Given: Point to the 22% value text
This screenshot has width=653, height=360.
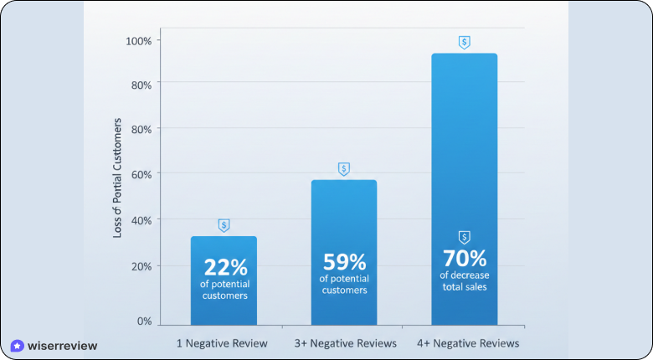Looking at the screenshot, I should tap(225, 268).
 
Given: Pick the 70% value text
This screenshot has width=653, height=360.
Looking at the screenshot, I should tap(465, 257).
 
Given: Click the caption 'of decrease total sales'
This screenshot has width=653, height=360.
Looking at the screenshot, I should tap(465, 280).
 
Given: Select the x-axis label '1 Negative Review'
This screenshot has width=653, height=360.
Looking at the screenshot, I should tap(222, 343).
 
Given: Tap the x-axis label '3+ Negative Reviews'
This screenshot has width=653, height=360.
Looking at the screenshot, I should tap(344, 343).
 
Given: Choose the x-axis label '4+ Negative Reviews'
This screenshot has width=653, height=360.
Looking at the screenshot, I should tap(467, 343).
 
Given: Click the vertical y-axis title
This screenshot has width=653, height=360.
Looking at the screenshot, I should tap(118, 177).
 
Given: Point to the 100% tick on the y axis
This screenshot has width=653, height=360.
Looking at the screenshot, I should tap(138, 41).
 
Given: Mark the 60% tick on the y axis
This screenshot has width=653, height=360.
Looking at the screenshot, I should tap(140, 174).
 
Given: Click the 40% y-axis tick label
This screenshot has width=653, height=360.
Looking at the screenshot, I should tap(140, 220).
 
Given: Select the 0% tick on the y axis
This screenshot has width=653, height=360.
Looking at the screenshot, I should tap(144, 321).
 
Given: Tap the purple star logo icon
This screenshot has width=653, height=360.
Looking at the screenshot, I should tap(17, 346).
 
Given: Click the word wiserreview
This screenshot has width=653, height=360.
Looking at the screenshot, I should tap(63, 346).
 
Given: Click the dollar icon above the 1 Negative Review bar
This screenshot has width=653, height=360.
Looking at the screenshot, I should tap(224, 225).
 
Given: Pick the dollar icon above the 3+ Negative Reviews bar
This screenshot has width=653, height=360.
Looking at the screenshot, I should tap(344, 169).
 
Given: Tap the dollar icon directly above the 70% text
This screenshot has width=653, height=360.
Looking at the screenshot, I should tap(465, 237).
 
